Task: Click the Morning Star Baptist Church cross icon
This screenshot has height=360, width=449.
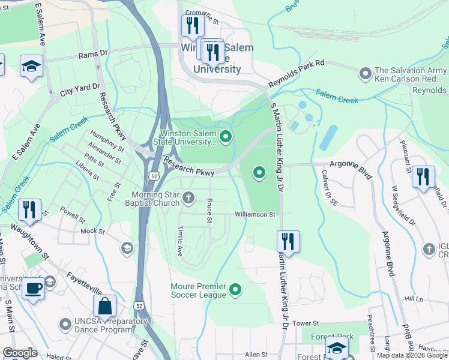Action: pyautogui.click(x=188, y=197)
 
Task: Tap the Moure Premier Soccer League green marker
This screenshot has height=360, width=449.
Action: pyautogui.click(x=236, y=290)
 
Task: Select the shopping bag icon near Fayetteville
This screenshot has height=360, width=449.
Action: pyautogui.click(x=104, y=305)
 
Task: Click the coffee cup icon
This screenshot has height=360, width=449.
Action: pyautogui.click(x=34, y=288)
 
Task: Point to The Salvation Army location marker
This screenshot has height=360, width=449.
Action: pyautogui.click(x=364, y=74)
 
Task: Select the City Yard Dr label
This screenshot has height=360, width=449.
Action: pyautogui.click(x=79, y=88)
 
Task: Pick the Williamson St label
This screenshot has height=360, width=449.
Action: pyautogui.click(x=255, y=214)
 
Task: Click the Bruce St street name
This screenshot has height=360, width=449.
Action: pyautogui.click(x=209, y=211)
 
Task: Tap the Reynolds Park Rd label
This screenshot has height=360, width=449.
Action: pyautogui.click(x=296, y=74)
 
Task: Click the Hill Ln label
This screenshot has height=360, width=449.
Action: pyautogui.click(x=414, y=299)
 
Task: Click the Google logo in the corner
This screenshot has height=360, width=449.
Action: pyautogui.click(x=20, y=353)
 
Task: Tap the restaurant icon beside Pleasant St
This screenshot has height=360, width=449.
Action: pyautogui.click(x=424, y=176)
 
